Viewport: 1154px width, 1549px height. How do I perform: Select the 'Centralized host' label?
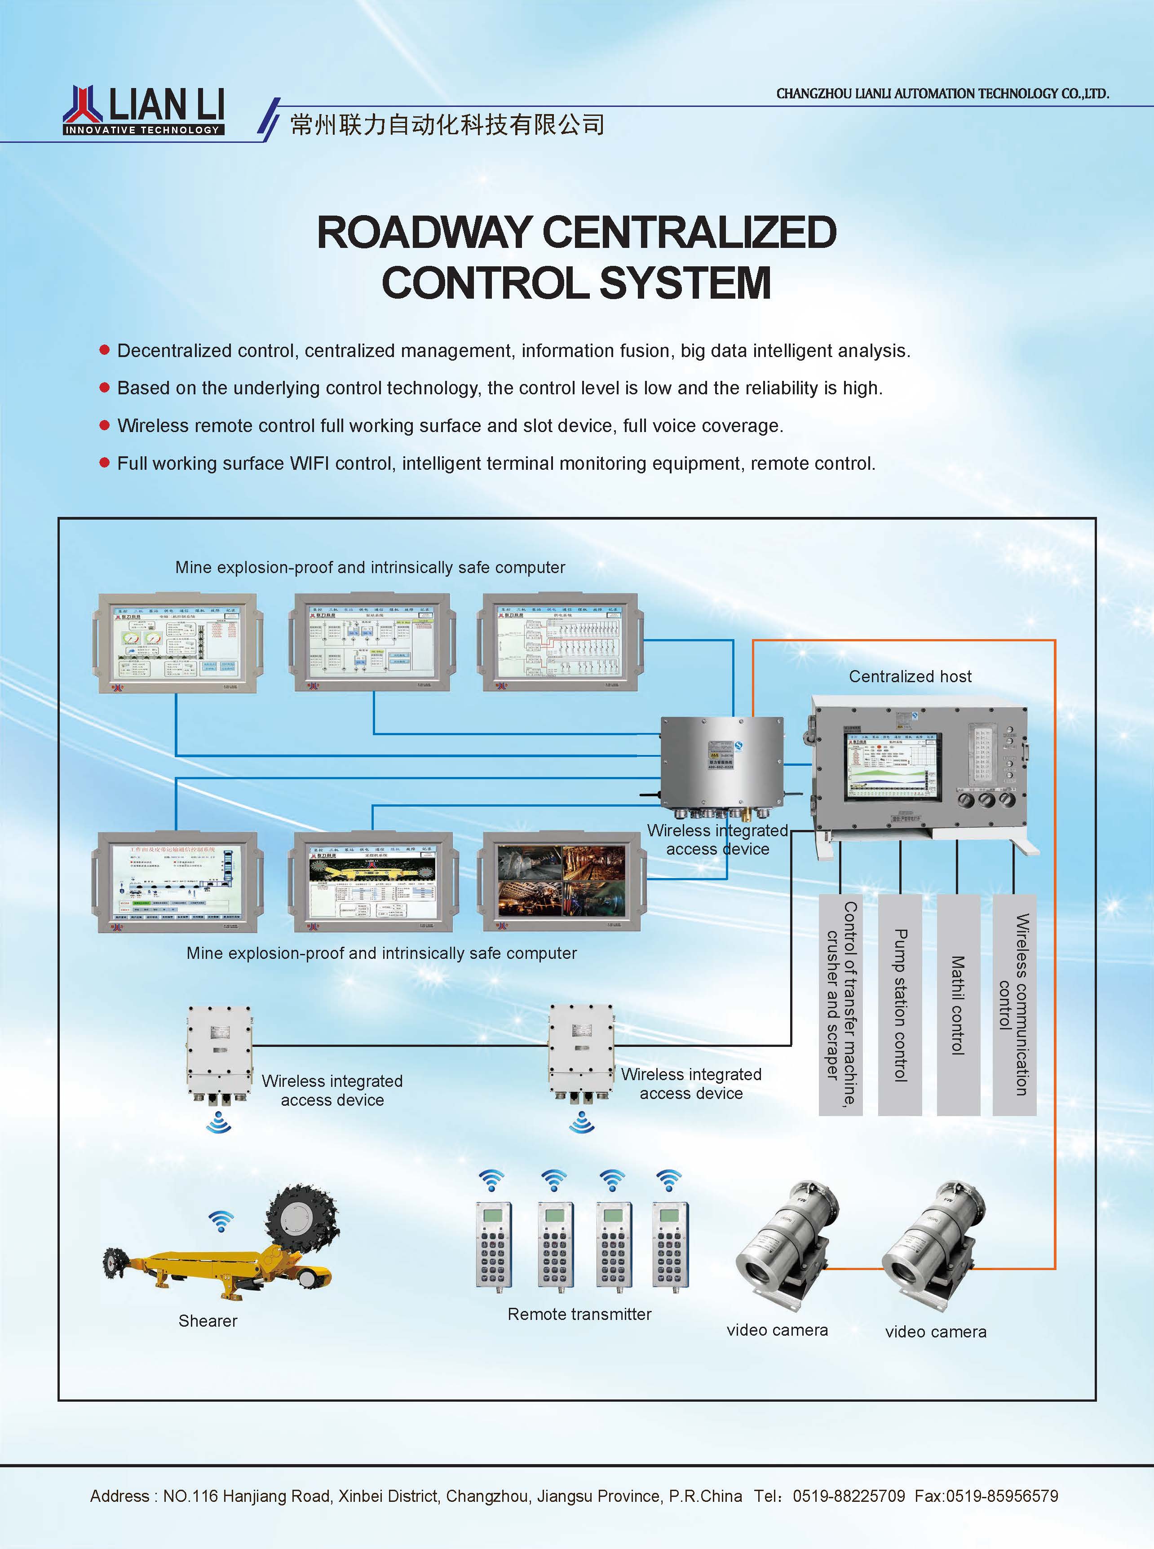(910, 676)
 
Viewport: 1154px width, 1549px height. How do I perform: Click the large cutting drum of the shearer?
(302, 1218)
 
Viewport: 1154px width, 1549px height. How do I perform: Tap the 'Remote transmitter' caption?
(579, 1314)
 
